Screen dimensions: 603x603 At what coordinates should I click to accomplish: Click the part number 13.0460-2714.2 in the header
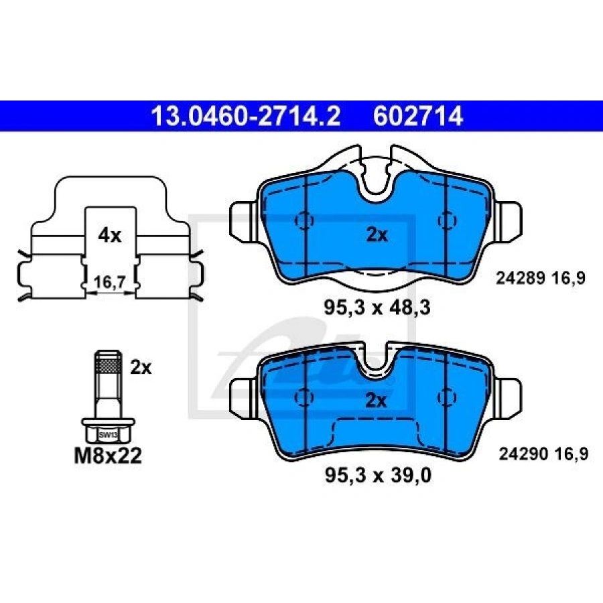[245, 117]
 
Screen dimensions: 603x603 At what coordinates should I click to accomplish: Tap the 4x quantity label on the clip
[109, 235]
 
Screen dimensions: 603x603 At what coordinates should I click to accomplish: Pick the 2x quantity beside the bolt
[141, 366]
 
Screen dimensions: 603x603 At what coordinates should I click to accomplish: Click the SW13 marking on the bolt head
[105, 434]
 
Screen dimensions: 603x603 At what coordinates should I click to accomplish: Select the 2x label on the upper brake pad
[377, 235]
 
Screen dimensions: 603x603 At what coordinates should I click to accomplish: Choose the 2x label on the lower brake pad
[377, 401]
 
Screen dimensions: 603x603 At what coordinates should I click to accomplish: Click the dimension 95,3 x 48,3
[377, 308]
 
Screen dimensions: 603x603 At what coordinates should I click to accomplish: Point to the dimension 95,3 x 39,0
[377, 476]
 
